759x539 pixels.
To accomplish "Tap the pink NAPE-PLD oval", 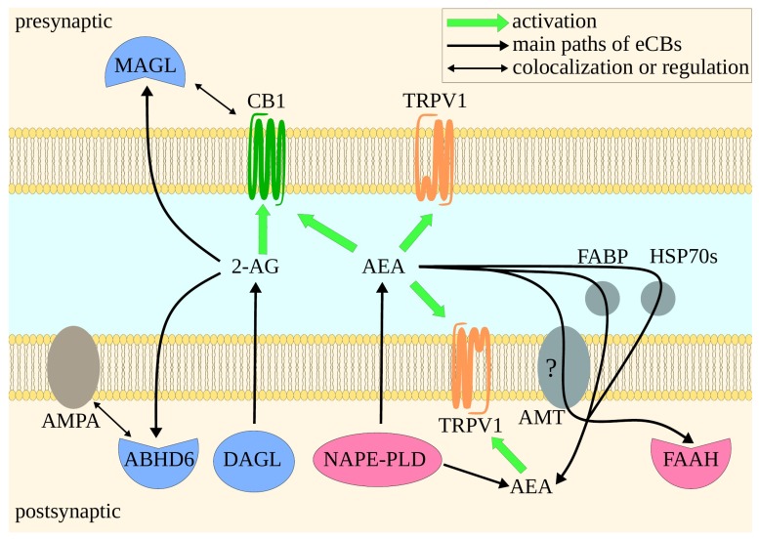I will tap(377, 458).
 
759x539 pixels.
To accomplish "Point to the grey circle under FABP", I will tap(601, 299).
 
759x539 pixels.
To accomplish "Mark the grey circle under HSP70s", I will tap(657, 299).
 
